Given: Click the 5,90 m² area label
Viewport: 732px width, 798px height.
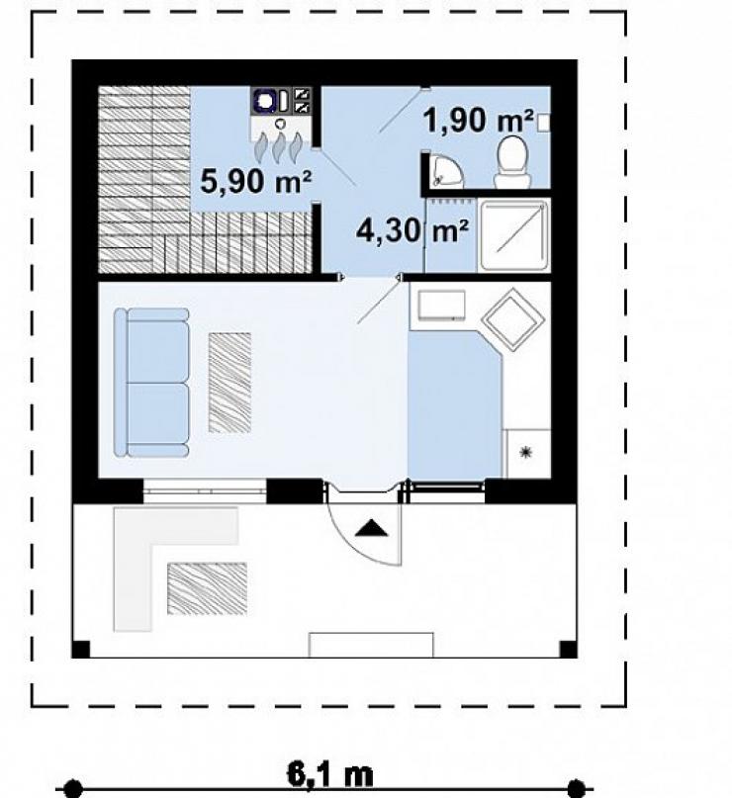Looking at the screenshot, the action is point(255,181).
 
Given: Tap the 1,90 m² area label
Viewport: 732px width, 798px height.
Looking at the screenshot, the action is point(478,121).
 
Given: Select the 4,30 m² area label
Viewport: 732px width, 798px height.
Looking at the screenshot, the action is point(412,231).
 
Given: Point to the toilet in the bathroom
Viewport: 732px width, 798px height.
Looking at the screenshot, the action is point(512,161).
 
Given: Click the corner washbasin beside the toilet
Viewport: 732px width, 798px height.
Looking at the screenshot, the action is point(445,169).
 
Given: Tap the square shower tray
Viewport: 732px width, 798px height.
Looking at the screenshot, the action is point(513,235).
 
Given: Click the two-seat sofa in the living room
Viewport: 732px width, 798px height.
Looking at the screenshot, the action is point(151,383).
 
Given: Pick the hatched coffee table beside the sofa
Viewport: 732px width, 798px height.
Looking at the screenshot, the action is point(229,383).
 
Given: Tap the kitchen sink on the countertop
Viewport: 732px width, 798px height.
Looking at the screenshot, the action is point(441,305).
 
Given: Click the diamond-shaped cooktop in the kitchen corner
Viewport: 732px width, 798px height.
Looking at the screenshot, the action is point(512,319).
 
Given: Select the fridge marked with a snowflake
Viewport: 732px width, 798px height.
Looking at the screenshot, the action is point(526,454).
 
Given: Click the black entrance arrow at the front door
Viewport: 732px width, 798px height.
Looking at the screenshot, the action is point(371,528).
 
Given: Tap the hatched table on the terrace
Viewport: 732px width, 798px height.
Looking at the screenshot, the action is point(207,588).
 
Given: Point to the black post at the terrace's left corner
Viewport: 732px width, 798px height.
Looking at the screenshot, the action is point(81,649).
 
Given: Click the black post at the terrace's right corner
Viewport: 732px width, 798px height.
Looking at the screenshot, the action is point(568,649).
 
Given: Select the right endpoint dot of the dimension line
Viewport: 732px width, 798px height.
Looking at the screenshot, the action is point(577,788).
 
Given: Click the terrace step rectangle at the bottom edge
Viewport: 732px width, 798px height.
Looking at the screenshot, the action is point(372,645).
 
